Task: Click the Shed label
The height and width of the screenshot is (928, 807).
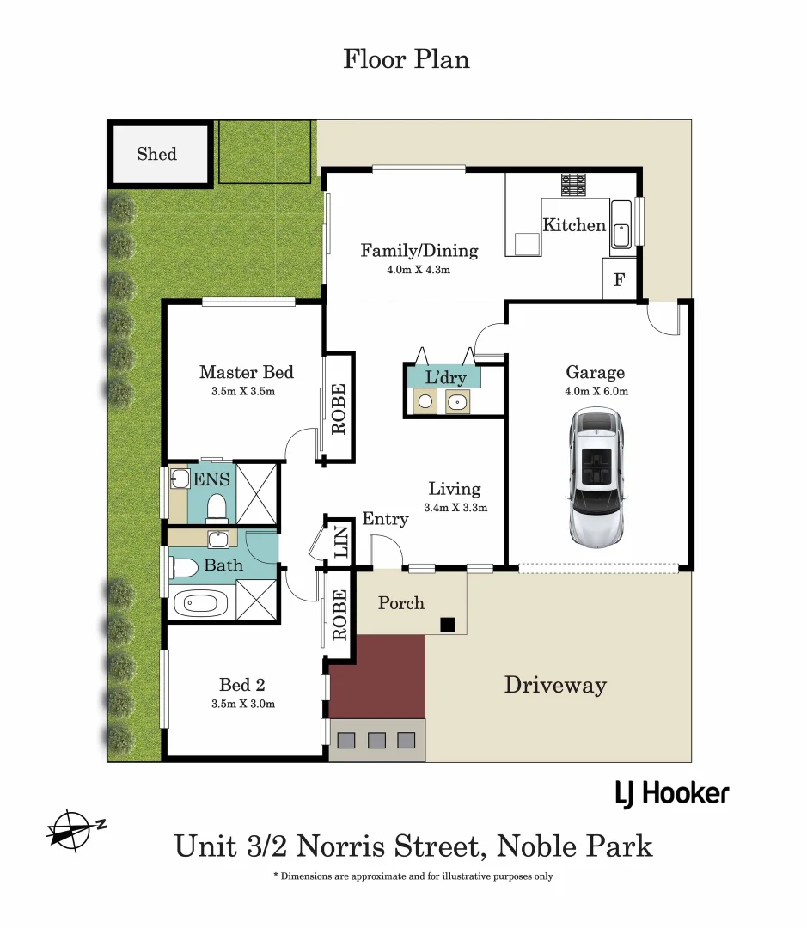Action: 156,155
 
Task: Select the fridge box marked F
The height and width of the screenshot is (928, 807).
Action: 619,280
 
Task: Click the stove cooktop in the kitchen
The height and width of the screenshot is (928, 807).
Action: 573,184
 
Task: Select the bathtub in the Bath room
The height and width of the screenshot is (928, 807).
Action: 200,603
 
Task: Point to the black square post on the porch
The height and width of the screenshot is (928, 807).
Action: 447,625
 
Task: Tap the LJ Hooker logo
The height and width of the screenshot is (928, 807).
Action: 671,793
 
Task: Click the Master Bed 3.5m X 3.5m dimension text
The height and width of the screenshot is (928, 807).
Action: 247,391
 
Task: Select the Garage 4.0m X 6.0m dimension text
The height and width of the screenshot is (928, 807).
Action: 596,391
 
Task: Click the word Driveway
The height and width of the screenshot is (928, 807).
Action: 555,685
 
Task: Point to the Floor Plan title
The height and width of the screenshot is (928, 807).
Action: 406,59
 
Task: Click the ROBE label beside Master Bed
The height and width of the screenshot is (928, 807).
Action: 339,408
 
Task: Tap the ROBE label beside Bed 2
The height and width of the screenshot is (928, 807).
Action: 339,614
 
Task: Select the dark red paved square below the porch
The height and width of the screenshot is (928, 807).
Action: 377,676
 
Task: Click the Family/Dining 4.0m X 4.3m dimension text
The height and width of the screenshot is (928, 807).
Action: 419,270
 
